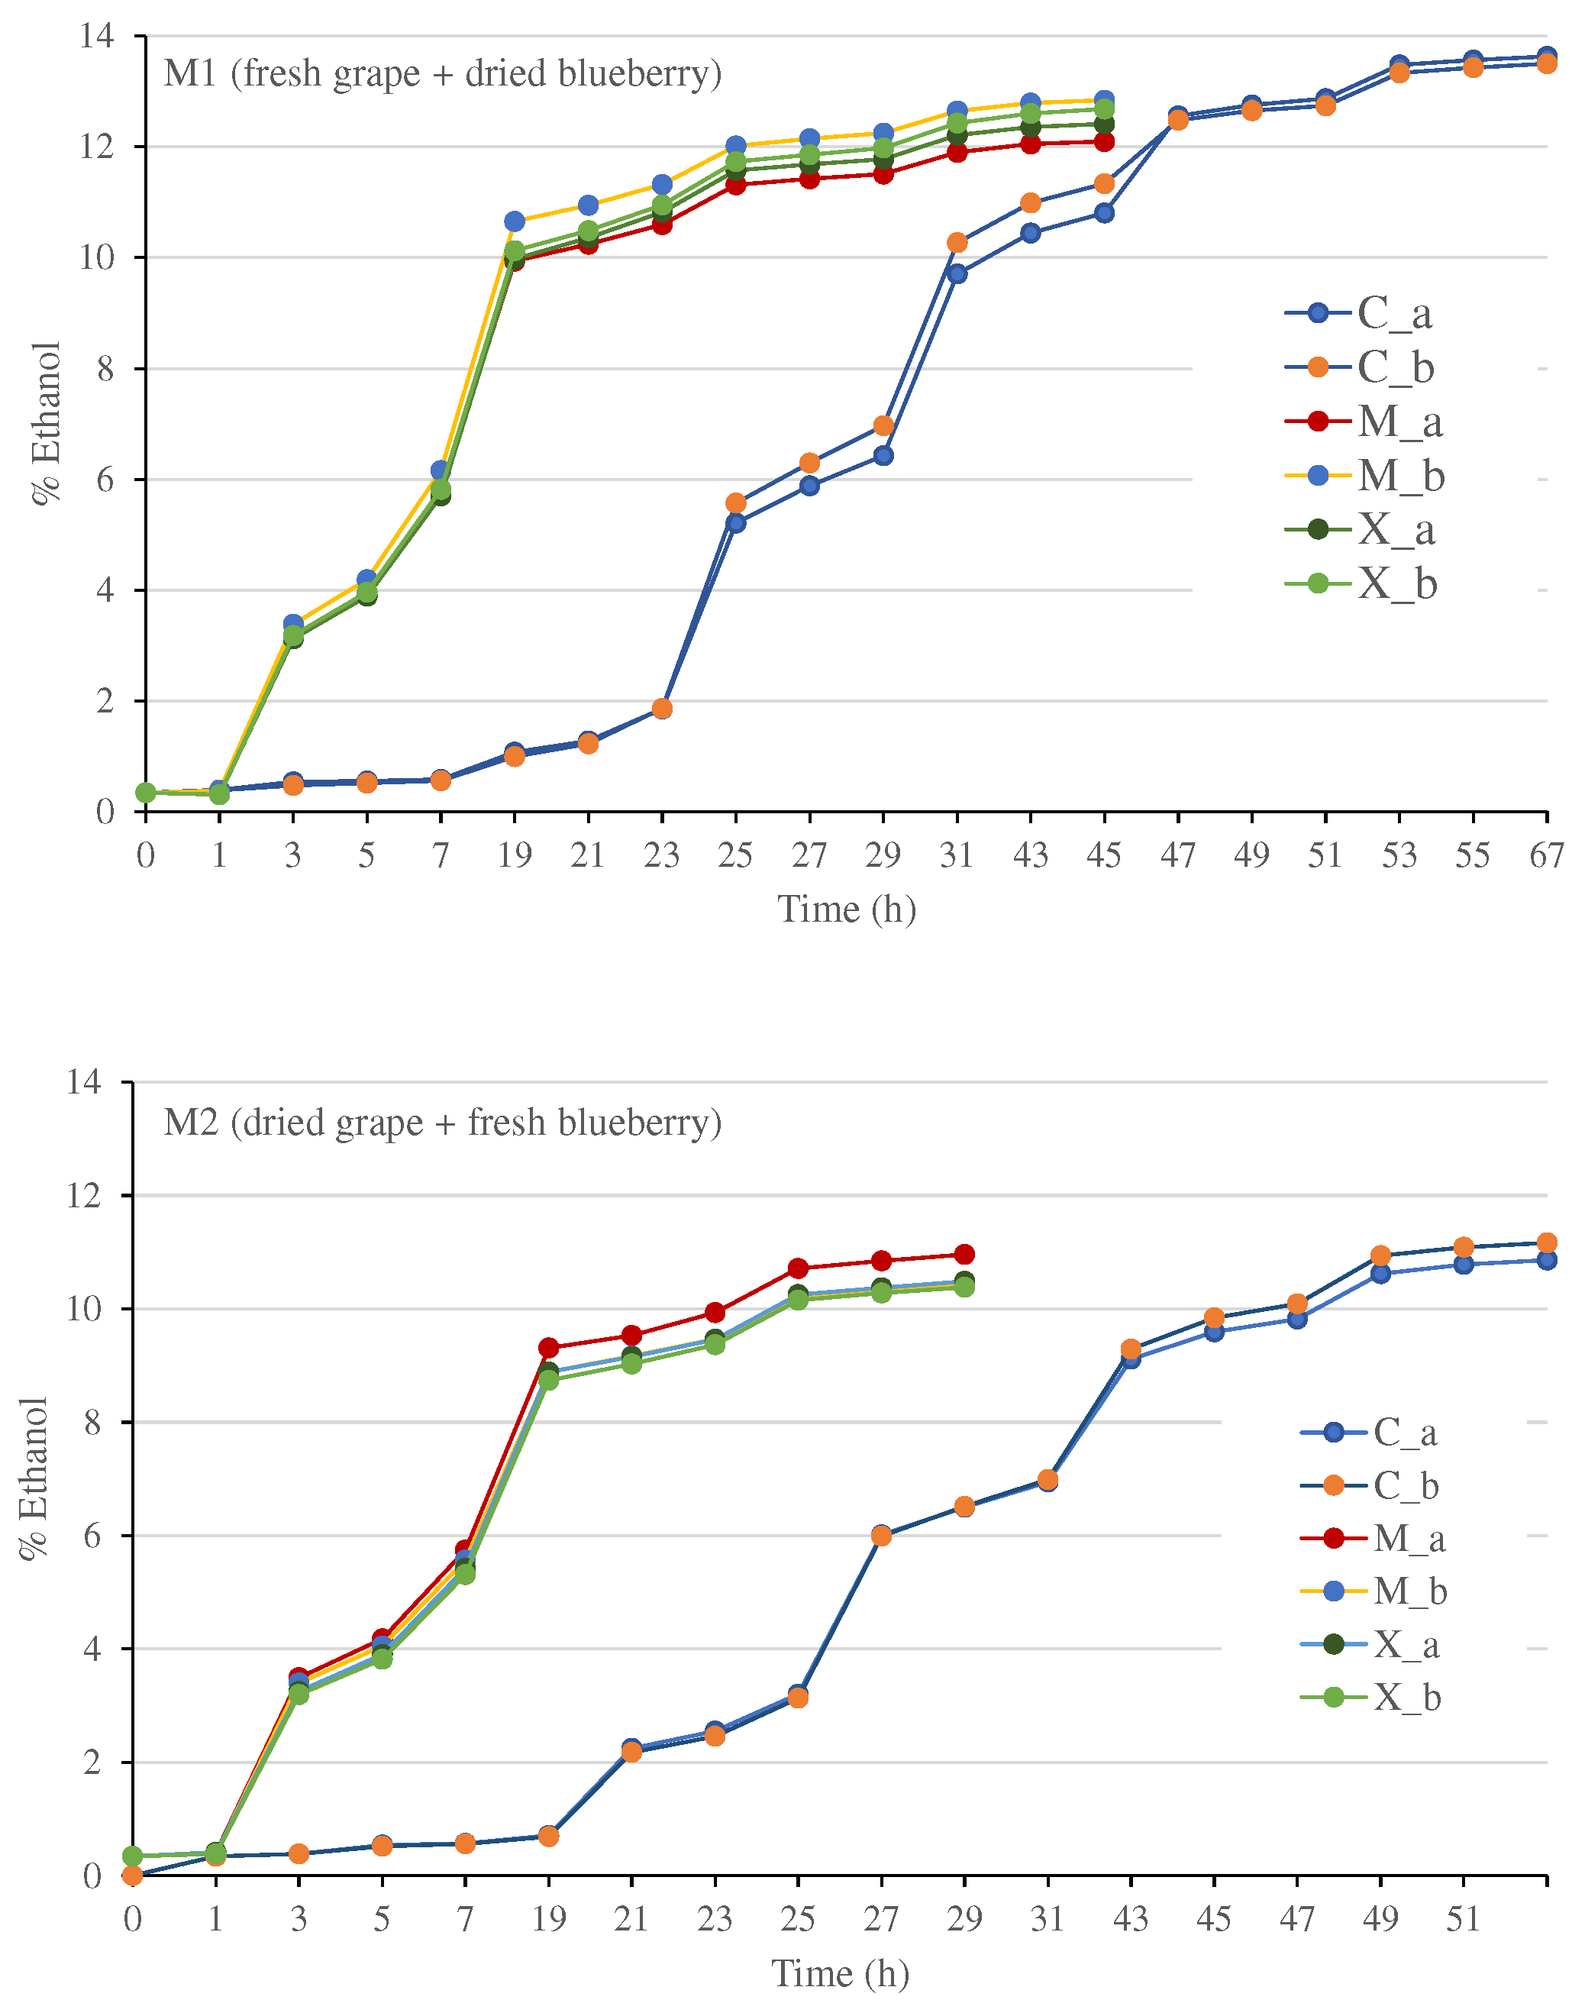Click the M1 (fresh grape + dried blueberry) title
(x=441, y=73)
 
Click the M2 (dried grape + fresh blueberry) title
(x=441, y=1123)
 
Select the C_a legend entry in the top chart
(x=1359, y=314)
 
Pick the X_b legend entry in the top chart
(x=1361, y=583)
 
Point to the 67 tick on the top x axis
(x=1546, y=855)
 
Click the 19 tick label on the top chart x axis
(x=514, y=855)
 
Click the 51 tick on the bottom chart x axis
(x=1463, y=1918)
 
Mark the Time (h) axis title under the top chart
(x=846, y=909)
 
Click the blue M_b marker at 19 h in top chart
(x=515, y=221)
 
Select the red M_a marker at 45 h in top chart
(x=1104, y=142)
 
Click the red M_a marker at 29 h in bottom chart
(x=964, y=1254)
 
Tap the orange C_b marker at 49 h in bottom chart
(x=1380, y=1255)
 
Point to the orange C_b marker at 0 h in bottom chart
(x=133, y=1876)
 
